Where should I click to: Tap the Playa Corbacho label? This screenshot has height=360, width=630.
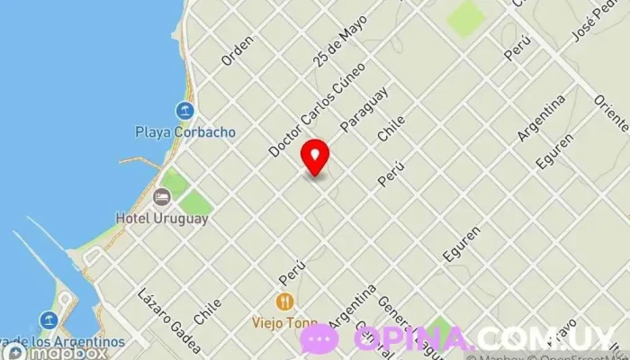point(185,131)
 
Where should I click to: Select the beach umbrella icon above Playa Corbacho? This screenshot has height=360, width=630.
point(185,112)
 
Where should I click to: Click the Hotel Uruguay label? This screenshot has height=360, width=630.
point(162,218)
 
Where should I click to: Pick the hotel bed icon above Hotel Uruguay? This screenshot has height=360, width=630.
point(162,197)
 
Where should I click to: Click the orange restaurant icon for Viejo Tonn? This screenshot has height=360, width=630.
point(284,302)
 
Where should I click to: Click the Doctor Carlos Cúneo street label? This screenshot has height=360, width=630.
point(317,109)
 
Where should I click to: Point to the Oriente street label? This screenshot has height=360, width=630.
point(611,113)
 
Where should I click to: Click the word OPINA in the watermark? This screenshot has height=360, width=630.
point(412,338)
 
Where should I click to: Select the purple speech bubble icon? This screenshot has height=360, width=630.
point(319,338)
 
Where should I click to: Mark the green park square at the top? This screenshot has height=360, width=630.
point(465,19)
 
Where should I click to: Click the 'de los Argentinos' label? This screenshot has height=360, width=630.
point(65,341)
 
